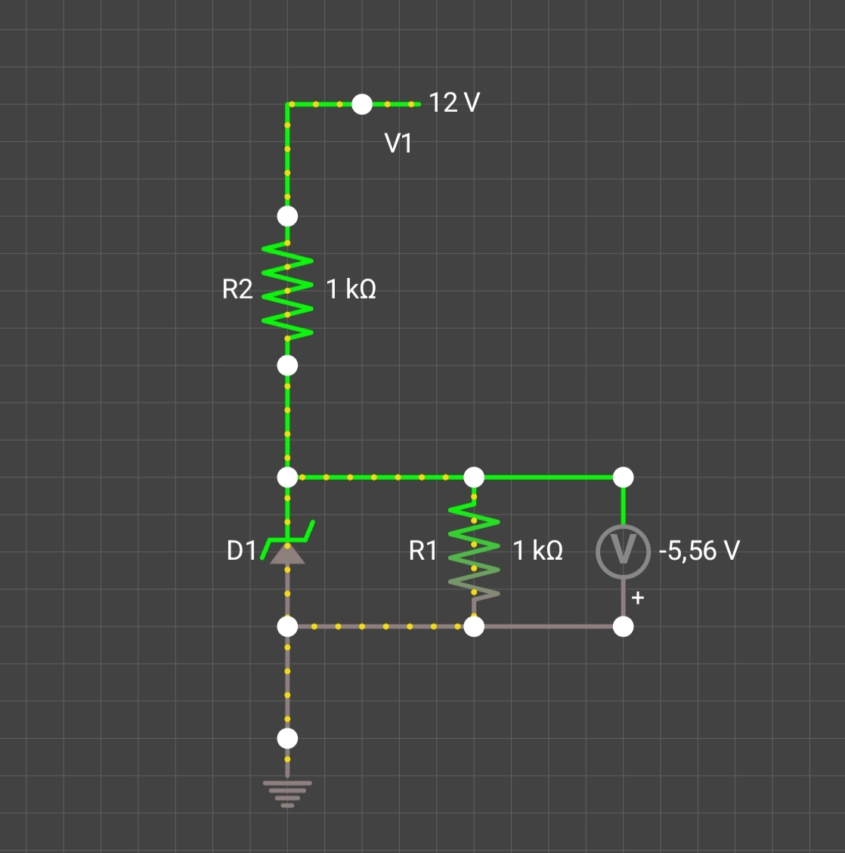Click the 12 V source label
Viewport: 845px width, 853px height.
coord(454,102)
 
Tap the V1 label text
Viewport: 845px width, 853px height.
coord(398,143)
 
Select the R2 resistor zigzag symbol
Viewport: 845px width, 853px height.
coord(287,290)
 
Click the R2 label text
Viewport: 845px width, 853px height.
coord(237,289)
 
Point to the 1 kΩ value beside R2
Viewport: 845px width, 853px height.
coord(351,289)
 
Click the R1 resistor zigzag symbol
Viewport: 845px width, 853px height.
coord(474,551)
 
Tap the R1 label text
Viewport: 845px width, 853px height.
coord(423,551)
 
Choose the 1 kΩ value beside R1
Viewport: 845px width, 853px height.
coord(537,551)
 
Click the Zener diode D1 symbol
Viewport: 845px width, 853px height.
coord(287,547)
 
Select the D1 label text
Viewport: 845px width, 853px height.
coord(242,551)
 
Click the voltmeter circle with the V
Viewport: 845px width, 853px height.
coord(623,551)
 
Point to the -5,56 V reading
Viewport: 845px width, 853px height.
coord(699,551)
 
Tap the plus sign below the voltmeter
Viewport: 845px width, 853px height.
coord(637,598)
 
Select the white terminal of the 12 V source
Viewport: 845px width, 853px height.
coord(362,104)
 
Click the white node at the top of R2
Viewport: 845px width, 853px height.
coord(287,216)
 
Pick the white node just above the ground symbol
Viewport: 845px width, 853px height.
coord(287,738)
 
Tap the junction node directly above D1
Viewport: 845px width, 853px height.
coord(287,477)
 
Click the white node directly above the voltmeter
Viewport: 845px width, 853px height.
coord(623,477)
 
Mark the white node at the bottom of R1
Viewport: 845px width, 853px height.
coord(474,626)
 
